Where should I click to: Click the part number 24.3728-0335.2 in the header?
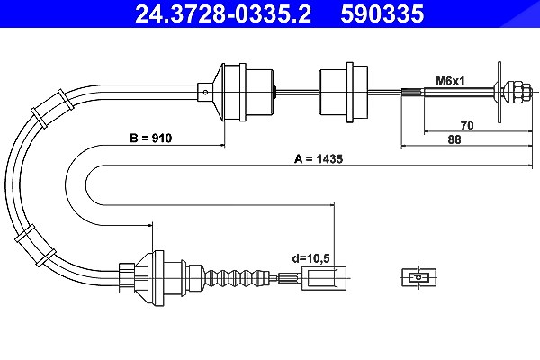point(223,14)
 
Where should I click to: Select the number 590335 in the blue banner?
point(382,14)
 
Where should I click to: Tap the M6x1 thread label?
point(450,81)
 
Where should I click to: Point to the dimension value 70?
point(467,125)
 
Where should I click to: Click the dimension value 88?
point(454,139)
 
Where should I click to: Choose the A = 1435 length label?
point(319,158)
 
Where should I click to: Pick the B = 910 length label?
point(150,138)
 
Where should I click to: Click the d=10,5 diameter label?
point(311,258)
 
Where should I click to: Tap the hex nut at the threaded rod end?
point(517,92)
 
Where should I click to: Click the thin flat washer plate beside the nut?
point(499,92)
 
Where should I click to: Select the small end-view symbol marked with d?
point(418,277)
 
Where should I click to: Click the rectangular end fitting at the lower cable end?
point(324,278)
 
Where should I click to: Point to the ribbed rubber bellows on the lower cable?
point(237,277)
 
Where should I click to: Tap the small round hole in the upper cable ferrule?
point(205,92)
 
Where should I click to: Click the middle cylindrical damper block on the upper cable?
point(343,92)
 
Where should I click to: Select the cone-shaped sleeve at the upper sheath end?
point(218,92)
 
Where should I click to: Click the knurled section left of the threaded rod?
point(412,92)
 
